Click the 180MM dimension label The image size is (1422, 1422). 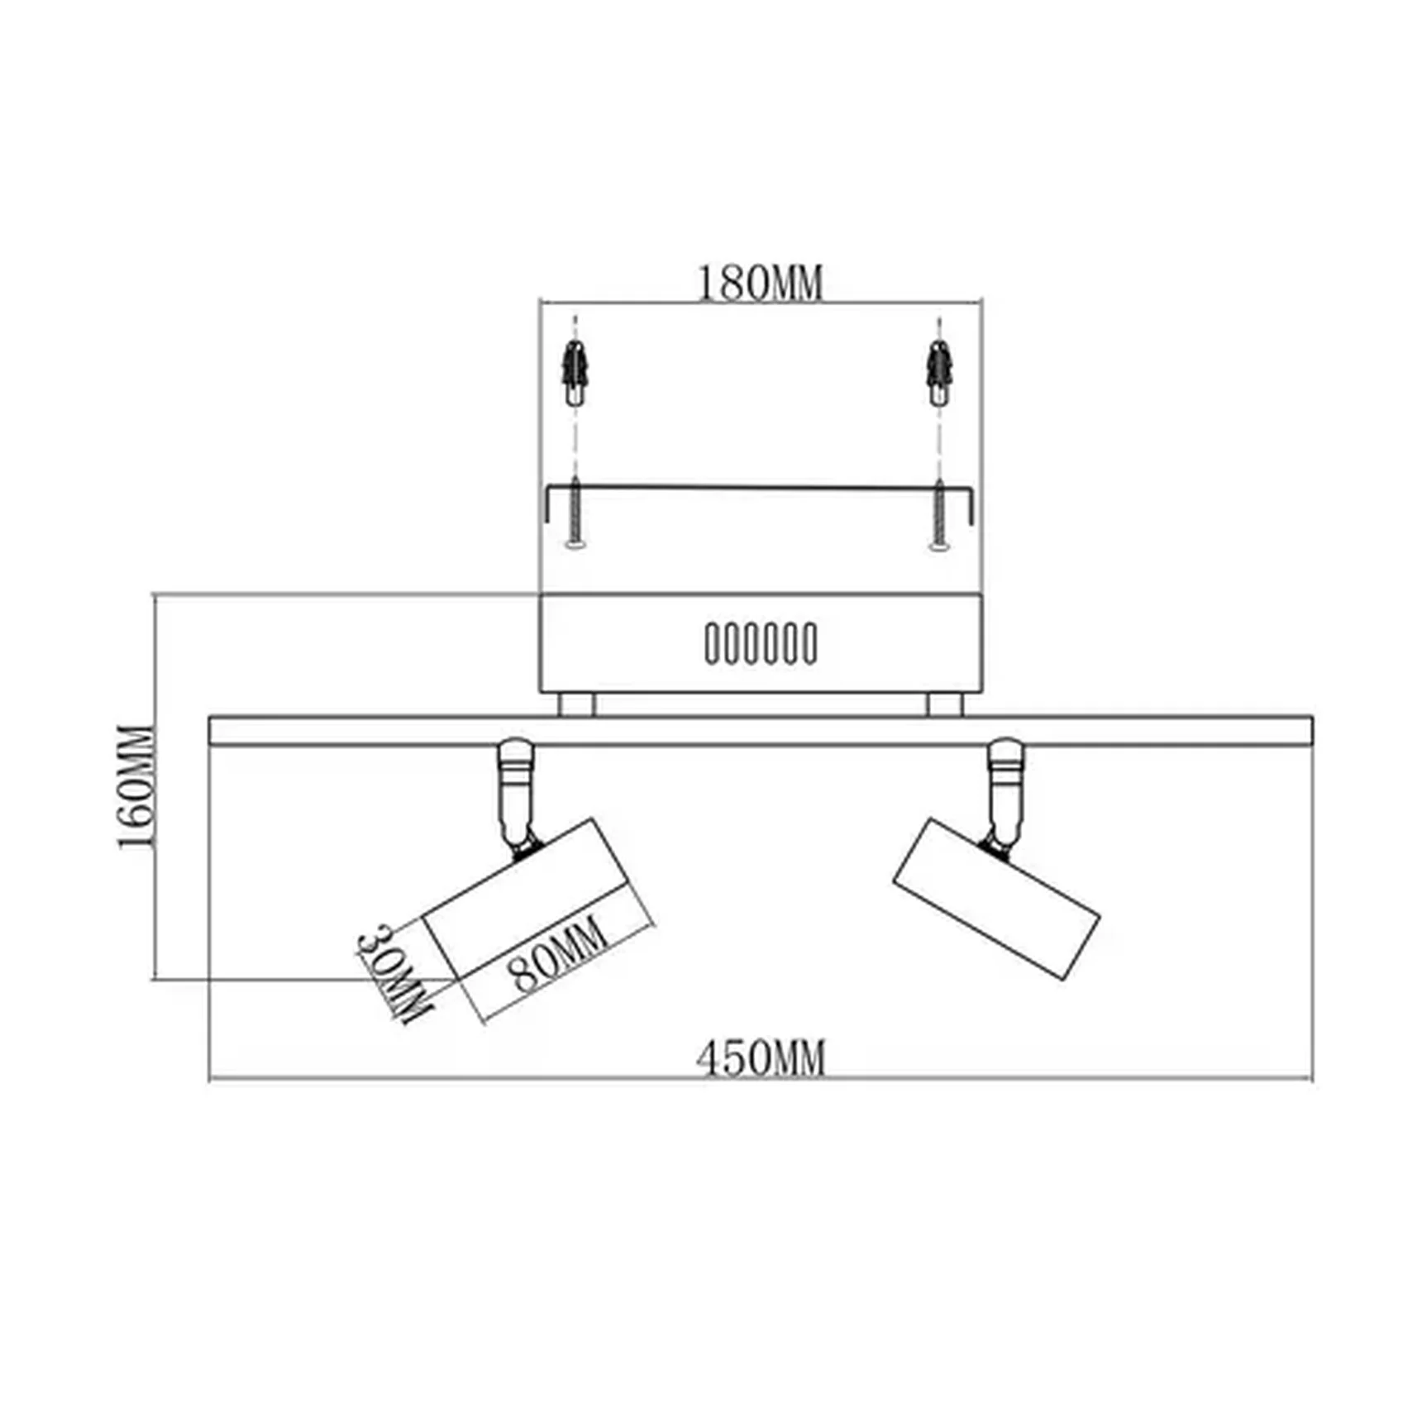761,284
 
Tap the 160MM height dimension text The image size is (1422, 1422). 136,786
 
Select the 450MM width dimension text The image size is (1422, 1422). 761,1058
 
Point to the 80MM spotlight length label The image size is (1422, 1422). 560,955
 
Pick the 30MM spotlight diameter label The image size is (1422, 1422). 393,973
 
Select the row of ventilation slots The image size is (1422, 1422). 761,643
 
